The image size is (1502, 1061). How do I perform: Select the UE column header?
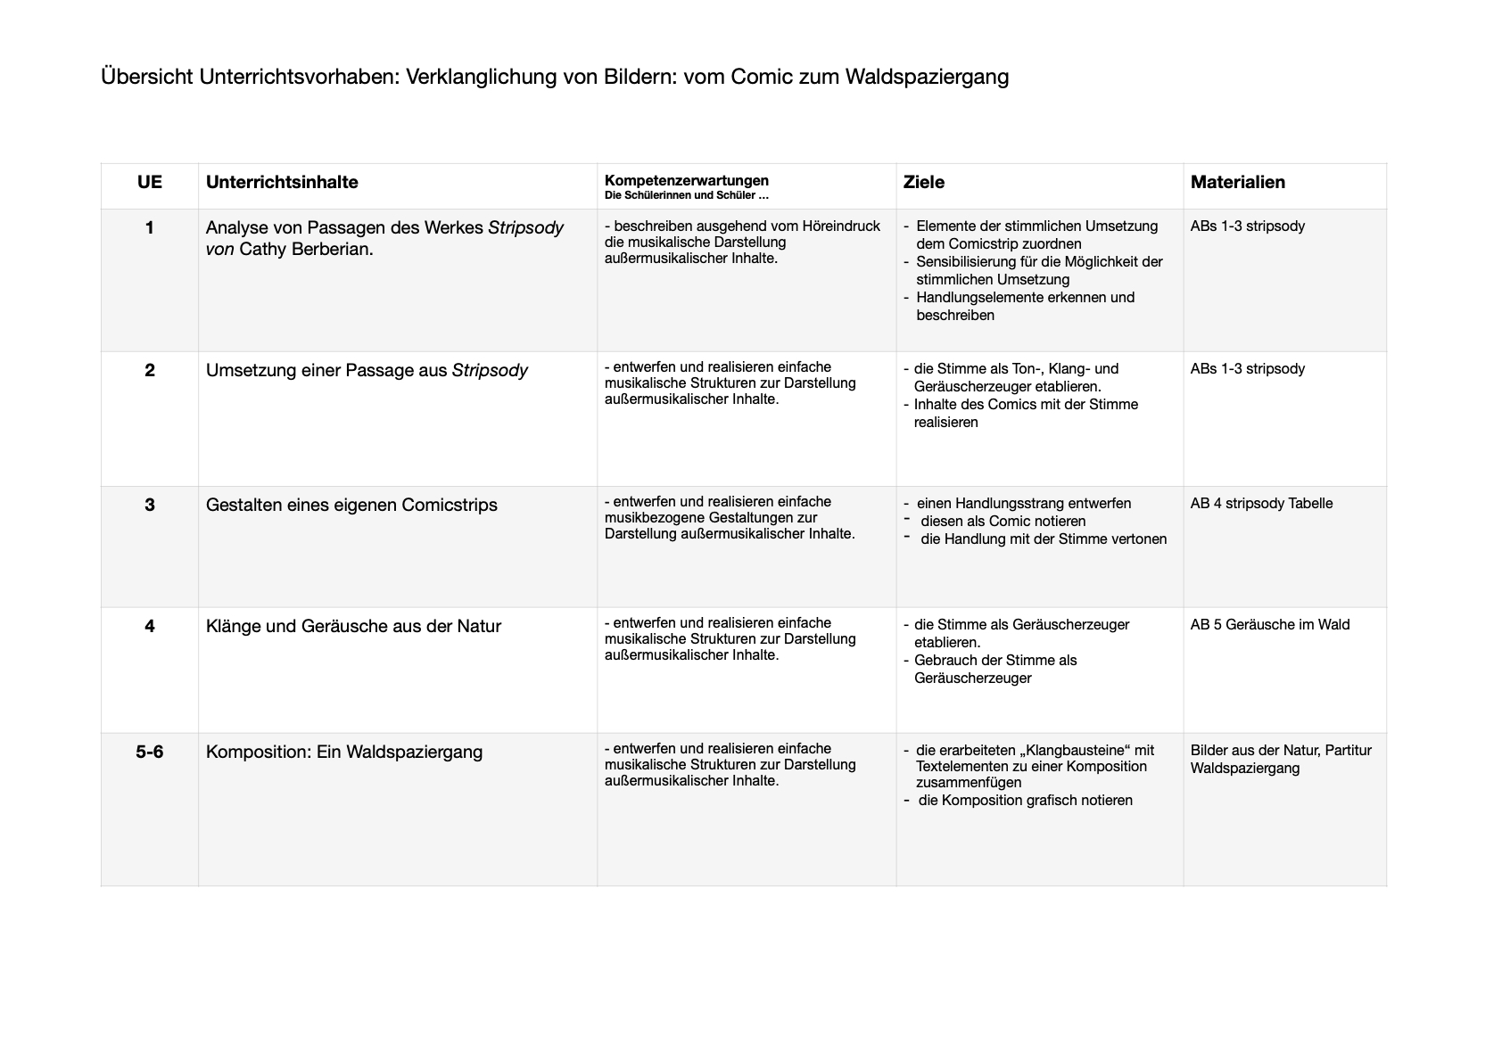(x=150, y=182)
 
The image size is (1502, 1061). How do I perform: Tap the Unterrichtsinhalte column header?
(x=282, y=182)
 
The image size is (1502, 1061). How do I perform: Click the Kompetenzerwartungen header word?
(x=686, y=180)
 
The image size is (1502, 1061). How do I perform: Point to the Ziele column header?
(x=923, y=182)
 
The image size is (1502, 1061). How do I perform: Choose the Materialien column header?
(x=1237, y=182)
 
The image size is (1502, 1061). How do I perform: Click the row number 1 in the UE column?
(x=150, y=227)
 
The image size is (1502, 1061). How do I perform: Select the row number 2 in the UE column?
(x=150, y=370)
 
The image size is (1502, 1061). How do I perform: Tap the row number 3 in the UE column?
(x=150, y=505)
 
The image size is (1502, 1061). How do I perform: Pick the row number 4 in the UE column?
(x=150, y=626)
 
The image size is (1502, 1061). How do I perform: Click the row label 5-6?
(x=150, y=752)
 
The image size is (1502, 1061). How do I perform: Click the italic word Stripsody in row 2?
(x=490, y=370)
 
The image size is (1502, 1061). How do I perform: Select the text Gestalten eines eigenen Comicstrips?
(x=351, y=505)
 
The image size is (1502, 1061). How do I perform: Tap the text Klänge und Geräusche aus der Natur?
(x=353, y=626)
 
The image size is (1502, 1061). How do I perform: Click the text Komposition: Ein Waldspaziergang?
(x=344, y=752)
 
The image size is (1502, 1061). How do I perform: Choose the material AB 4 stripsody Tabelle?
(x=1261, y=503)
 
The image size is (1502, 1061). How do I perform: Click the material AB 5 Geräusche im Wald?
(x=1270, y=624)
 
